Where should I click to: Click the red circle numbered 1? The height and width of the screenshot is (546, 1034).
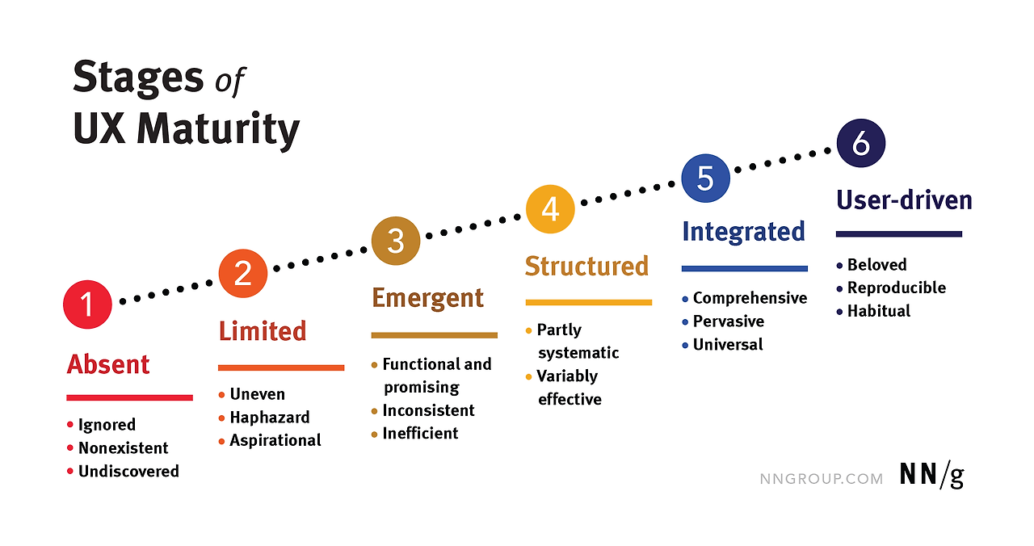click(x=87, y=304)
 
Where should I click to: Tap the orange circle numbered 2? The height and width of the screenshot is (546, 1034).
click(x=242, y=273)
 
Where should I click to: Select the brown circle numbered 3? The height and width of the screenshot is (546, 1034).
click(x=395, y=241)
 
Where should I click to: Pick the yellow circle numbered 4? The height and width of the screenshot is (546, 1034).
click(x=550, y=208)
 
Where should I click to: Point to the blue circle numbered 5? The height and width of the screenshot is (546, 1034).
click(x=705, y=178)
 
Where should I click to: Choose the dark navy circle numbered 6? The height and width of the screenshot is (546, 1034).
click(x=860, y=144)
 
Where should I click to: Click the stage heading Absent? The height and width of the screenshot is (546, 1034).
click(x=108, y=364)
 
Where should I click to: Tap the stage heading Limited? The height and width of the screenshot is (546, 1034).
click(x=263, y=331)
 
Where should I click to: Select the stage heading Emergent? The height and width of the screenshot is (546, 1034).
click(x=427, y=298)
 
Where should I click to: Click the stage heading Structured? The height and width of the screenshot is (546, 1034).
click(x=586, y=266)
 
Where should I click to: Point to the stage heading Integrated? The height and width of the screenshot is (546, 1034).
click(x=743, y=232)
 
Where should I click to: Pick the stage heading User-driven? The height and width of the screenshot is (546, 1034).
click(x=904, y=199)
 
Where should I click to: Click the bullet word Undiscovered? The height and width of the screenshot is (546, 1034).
click(x=128, y=471)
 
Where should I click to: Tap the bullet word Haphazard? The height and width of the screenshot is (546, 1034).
click(x=270, y=418)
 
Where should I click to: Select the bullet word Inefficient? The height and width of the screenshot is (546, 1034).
click(x=420, y=434)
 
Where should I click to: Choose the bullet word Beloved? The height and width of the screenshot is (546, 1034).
click(x=876, y=265)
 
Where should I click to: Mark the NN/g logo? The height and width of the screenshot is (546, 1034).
click(x=932, y=477)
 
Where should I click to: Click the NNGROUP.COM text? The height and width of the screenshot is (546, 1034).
click(x=822, y=478)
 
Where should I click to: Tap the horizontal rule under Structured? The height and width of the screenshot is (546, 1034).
click(x=588, y=303)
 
